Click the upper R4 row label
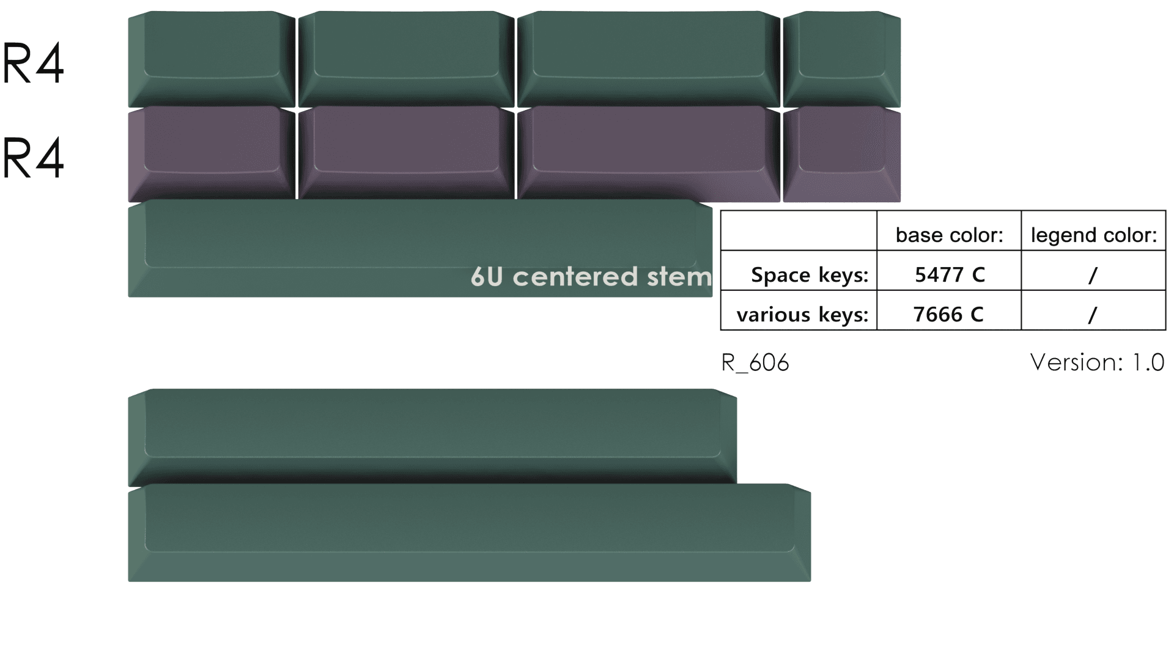33,64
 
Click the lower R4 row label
33,158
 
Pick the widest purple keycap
648,153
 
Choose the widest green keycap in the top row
648,58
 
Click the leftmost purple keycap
211,153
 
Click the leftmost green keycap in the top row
211,58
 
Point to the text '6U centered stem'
591,277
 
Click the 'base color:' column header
949,235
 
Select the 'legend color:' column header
1093,235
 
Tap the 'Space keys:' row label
809,275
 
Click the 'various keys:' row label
802,315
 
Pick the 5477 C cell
949,275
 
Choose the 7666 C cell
948,315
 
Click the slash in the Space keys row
1093,275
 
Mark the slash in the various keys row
1093,315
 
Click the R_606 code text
755,363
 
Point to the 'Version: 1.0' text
1097,362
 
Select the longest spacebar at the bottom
469,532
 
